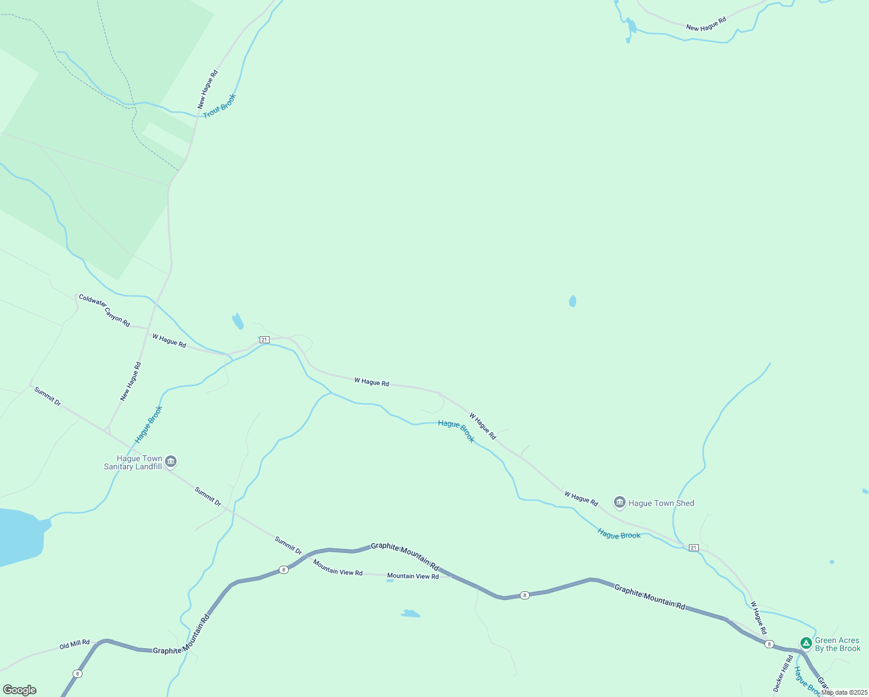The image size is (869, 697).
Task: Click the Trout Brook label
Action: pyautogui.click(x=220, y=106)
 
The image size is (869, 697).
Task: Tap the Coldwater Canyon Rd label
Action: pyautogui.click(x=105, y=311)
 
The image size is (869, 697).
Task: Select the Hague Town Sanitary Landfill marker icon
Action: pyautogui.click(x=171, y=462)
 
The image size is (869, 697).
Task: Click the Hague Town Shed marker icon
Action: pyautogui.click(x=620, y=502)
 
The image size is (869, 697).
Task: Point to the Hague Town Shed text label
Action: pyautogui.click(x=661, y=504)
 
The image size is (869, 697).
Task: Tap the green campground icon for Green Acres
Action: pyautogui.click(x=806, y=643)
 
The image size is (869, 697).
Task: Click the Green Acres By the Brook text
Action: pyautogui.click(x=838, y=645)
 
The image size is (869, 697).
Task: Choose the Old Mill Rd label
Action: pyautogui.click(x=74, y=645)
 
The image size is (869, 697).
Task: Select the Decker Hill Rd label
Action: pyautogui.click(x=783, y=673)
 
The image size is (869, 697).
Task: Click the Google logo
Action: pyautogui.click(x=20, y=690)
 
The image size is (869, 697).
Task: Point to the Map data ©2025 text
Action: pyautogui.click(x=844, y=692)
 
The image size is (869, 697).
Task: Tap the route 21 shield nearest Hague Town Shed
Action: pyautogui.click(x=694, y=548)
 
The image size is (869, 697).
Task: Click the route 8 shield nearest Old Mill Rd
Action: pyautogui.click(x=77, y=674)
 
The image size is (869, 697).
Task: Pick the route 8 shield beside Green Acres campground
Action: pyautogui.click(x=769, y=644)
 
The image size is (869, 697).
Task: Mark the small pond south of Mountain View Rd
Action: pyautogui.click(x=411, y=613)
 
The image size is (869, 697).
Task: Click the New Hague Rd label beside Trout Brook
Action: pyautogui.click(x=207, y=89)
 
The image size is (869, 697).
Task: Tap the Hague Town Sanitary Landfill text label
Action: pyautogui.click(x=133, y=462)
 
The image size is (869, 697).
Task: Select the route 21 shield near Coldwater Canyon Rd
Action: pyautogui.click(x=264, y=340)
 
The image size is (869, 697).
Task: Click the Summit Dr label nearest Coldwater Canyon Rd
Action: pyautogui.click(x=47, y=396)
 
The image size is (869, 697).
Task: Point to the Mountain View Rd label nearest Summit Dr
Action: pyautogui.click(x=337, y=568)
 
